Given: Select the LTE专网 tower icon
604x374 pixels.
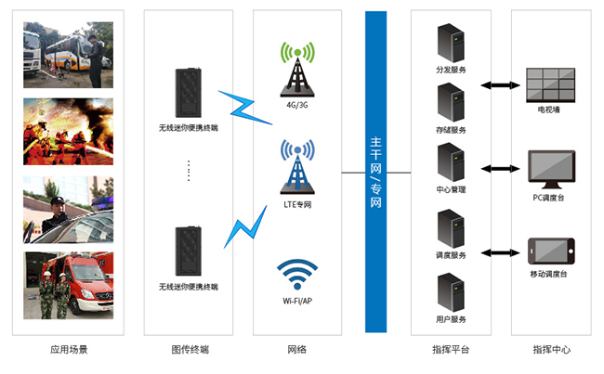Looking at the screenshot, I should tap(297, 168).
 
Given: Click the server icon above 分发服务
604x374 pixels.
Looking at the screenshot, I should tap(451, 45).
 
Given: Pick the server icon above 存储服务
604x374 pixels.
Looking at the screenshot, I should tap(451, 102).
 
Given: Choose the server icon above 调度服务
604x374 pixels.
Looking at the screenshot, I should tap(451, 228).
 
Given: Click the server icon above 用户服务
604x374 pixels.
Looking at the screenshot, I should tap(451, 293).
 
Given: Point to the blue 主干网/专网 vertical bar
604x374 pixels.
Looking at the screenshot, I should tap(375, 171).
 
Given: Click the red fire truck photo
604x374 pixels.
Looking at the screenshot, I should tap(69, 285).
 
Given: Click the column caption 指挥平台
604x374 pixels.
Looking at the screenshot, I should tap(451, 350).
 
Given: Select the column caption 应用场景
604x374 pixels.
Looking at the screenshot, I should tap(69, 350).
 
